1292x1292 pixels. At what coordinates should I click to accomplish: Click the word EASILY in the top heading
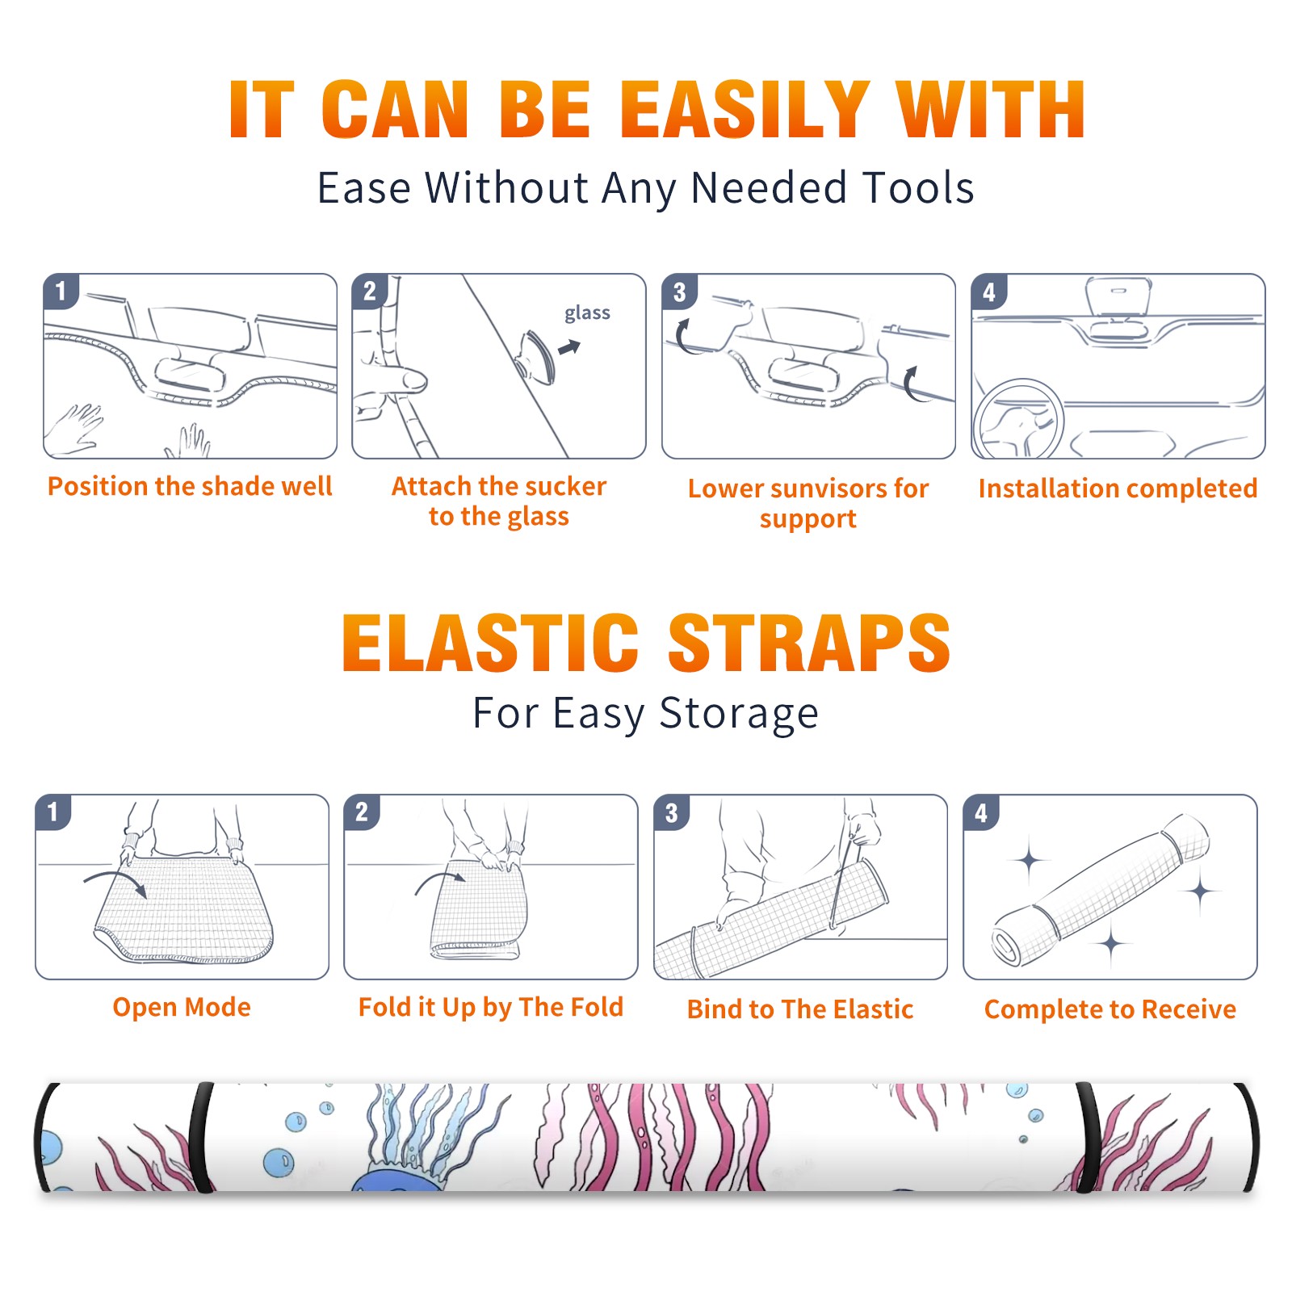coord(745,109)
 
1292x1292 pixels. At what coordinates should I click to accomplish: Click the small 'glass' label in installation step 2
coord(587,313)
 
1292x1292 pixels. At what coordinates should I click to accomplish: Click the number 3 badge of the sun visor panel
coord(679,292)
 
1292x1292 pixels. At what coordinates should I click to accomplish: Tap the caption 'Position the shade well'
coord(190,486)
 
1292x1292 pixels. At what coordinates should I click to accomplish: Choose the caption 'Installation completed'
coord(1118,488)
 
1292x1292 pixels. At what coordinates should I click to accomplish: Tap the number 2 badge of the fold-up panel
coord(361,812)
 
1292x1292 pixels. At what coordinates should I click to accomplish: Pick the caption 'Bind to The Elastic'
coord(799,1009)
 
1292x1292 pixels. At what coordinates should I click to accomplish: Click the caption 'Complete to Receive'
coord(1110,1009)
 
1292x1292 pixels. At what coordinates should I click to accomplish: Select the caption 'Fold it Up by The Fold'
coord(490,1008)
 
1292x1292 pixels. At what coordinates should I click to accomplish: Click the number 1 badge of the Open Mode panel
coord(52,812)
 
